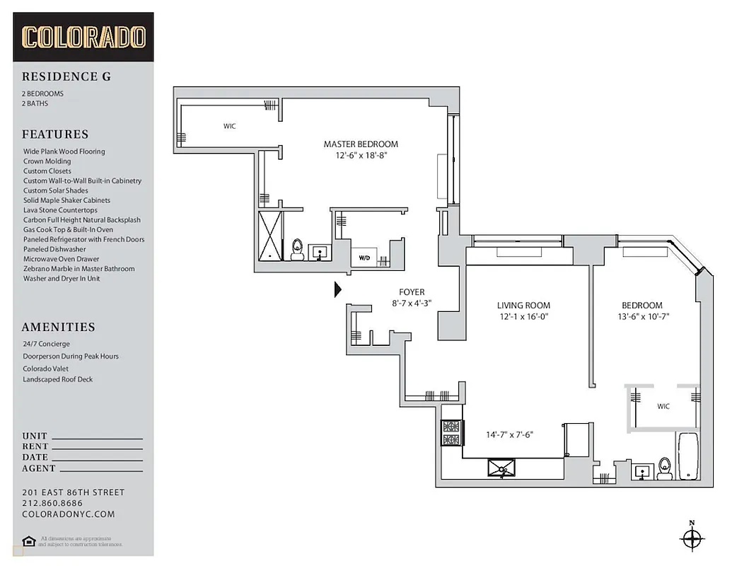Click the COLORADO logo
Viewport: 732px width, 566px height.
pos(83,37)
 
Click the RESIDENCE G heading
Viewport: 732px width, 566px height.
pos(66,77)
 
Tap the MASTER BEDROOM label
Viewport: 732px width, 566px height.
pos(361,144)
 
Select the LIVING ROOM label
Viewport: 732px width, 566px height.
pos(523,306)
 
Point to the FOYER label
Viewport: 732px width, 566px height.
pos(412,292)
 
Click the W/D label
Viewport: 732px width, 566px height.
pos(365,258)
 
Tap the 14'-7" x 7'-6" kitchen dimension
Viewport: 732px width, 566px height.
pos(509,435)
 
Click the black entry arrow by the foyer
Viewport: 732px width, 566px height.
pos(337,289)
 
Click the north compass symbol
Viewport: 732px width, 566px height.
pos(691,538)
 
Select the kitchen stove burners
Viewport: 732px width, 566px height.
pos(451,433)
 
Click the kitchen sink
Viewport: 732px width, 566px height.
pos(501,468)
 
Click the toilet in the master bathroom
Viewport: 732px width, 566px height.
pos(298,248)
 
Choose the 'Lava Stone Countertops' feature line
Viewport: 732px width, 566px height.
pos(60,210)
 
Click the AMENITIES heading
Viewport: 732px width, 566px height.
pos(58,328)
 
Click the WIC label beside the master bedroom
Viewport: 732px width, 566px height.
pos(230,127)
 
